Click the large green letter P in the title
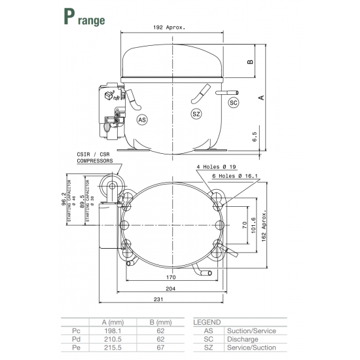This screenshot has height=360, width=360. click(69, 18)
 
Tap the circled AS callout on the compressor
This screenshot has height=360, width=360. click(143, 119)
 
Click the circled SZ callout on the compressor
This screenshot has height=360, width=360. click(196, 115)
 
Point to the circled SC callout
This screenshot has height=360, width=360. click(234, 103)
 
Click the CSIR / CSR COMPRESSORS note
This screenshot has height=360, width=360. click(95, 156)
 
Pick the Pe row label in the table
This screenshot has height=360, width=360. click(75, 348)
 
